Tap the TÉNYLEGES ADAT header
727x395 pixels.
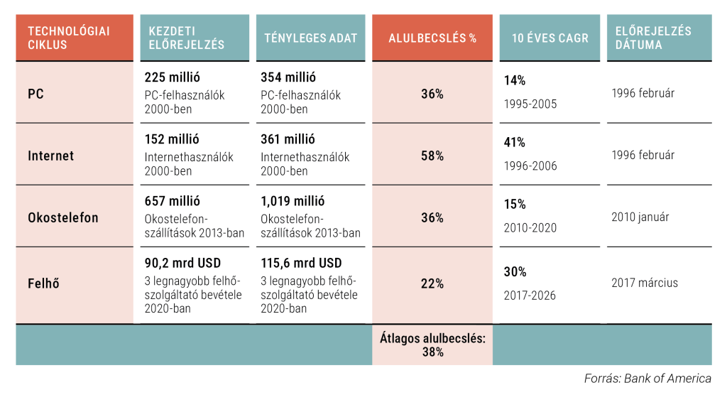[310, 38]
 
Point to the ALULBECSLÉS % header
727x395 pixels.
[432, 38]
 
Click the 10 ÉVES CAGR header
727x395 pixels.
[550, 38]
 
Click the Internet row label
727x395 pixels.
[50, 156]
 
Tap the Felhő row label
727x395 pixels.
[43, 283]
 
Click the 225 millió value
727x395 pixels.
[172, 77]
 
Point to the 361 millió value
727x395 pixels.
[288, 139]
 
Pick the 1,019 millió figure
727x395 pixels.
[295, 201]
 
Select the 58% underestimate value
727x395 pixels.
[432, 156]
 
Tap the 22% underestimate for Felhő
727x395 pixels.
[432, 283]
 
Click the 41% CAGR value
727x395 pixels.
[515, 142]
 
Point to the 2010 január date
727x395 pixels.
[640, 217]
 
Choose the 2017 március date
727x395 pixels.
[644, 283]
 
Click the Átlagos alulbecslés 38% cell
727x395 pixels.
[432, 345]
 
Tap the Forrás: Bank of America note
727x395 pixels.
[647, 378]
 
